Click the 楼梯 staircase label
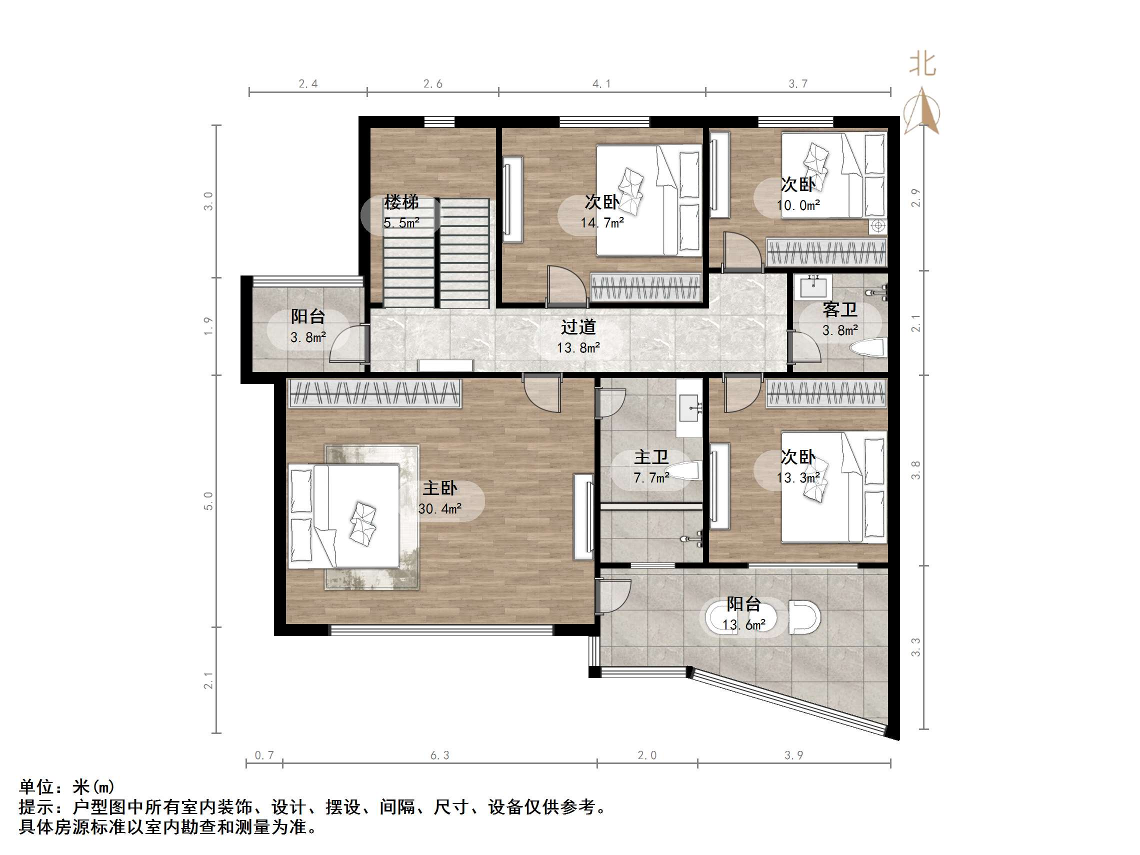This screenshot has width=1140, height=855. (401, 202)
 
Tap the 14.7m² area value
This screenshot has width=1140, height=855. (602, 223)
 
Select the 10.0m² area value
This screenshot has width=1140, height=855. (798, 205)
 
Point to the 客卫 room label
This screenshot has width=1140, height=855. (839, 309)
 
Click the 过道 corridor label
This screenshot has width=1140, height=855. (578, 326)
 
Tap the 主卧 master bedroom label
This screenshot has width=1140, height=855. (439, 488)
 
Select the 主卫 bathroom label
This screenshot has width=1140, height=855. (650, 457)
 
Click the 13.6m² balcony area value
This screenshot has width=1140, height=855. (743, 625)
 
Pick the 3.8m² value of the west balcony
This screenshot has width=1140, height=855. (307, 337)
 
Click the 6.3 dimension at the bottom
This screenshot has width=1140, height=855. (439, 755)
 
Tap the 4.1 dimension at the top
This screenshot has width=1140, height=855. (601, 84)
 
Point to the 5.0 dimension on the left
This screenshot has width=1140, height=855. (208, 501)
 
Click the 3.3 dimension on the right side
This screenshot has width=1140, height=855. (916, 647)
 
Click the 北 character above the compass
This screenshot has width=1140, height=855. (922, 64)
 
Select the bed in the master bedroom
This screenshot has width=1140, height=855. (344, 516)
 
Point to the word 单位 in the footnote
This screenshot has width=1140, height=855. (36, 787)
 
